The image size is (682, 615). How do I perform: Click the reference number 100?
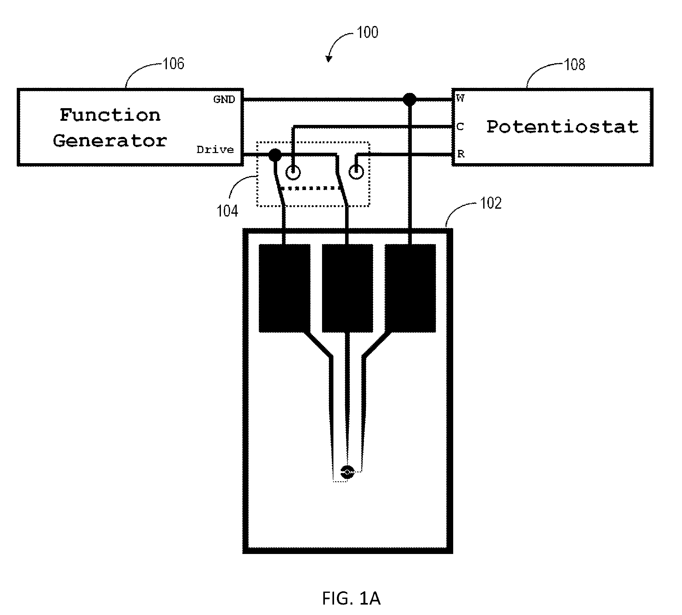tap(368, 33)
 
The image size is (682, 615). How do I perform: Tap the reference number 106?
tap(174, 64)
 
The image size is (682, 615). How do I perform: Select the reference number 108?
tap(575, 64)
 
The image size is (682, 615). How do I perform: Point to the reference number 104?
tap(227, 211)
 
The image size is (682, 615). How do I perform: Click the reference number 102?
tap(491, 203)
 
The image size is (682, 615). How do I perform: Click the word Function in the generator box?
tap(110, 115)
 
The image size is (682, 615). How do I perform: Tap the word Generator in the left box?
tap(110, 141)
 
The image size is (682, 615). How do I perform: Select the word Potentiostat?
tap(563, 127)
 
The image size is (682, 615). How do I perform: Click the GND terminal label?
tap(224, 99)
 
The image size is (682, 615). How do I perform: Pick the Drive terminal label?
tap(215, 150)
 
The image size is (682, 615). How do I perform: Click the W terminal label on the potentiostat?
tap(460, 98)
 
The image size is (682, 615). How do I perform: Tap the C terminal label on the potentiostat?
tap(460, 127)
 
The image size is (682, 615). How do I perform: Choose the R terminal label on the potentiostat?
tap(461, 154)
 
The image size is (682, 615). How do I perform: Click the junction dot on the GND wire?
tap(410, 100)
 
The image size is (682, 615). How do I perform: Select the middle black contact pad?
tap(347, 288)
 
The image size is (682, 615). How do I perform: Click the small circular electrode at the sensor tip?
tap(347, 472)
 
